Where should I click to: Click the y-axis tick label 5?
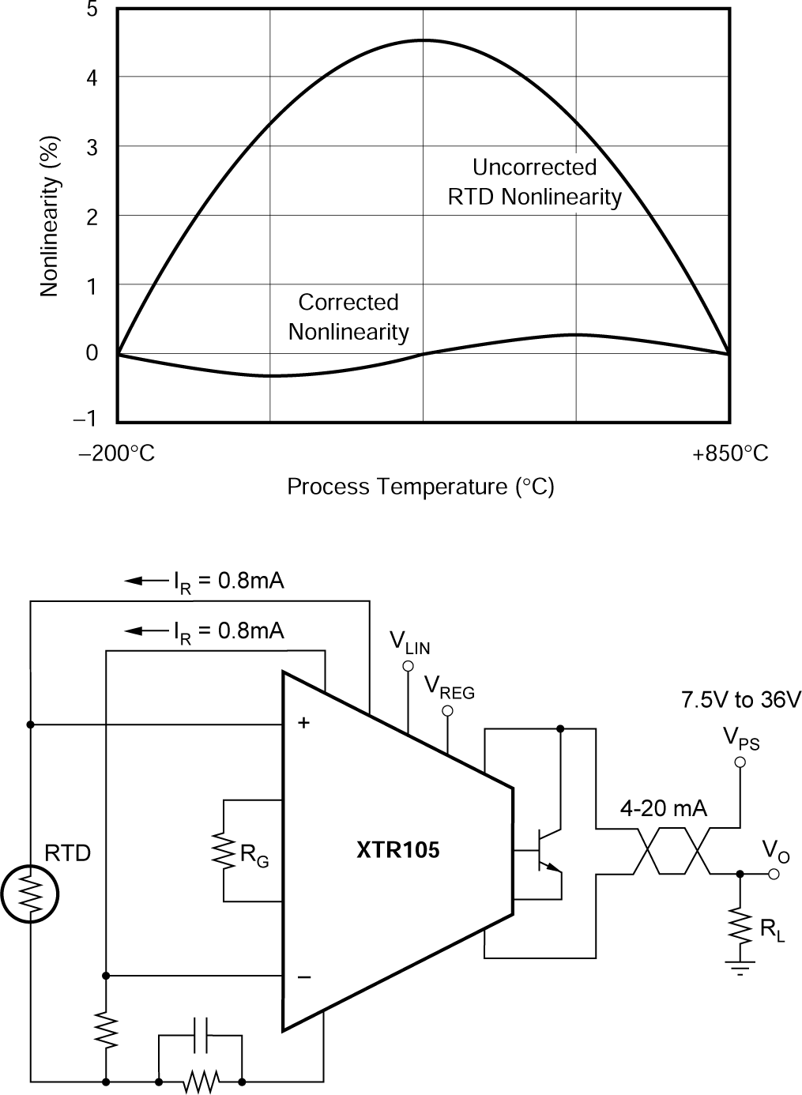[92, 10]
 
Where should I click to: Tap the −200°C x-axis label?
[117, 454]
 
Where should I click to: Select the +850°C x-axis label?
[730, 454]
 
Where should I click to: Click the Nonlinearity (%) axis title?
[50, 216]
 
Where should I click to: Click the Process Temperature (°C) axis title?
[420, 487]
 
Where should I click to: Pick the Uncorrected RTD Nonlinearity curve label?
[534, 182]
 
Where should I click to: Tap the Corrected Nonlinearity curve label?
[348, 317]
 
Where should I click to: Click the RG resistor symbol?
[224, 850]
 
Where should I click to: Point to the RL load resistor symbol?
[740, 924]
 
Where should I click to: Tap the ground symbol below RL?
[740, 967]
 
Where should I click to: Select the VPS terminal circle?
[740, 762]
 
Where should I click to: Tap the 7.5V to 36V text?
[740, 700]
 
